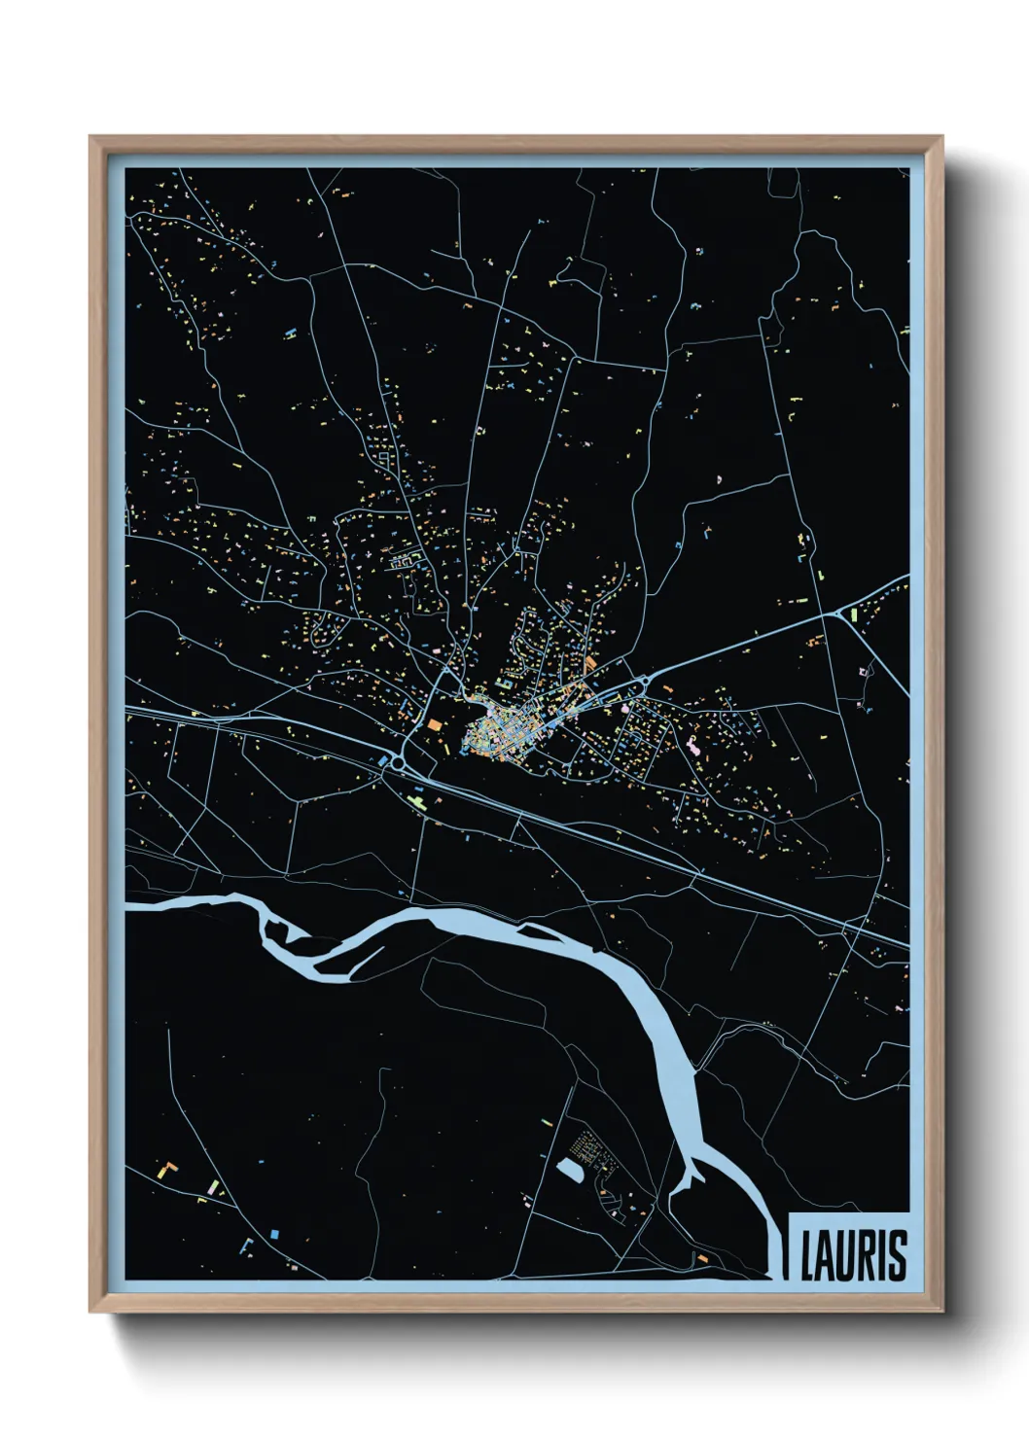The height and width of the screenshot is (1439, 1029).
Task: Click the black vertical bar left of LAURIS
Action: point(786,1254)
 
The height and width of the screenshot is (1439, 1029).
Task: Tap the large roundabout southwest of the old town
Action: point(396,766)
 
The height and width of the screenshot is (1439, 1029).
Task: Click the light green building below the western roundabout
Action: point(418,800)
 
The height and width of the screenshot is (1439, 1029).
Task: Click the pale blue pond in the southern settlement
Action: point(569,1168)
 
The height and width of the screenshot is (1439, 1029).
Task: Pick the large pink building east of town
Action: point(693,747)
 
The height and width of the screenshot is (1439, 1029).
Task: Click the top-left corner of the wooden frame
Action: point(91,138)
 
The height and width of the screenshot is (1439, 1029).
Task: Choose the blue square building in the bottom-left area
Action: point(274,1233)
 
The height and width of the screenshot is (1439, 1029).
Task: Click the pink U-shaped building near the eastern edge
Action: point(862,671)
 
